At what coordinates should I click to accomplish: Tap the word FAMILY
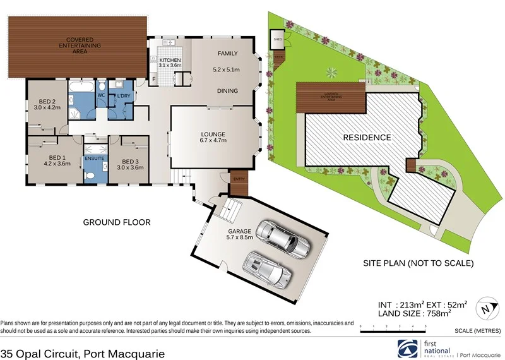tap(228, 54)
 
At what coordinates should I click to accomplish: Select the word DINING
tap(227, 91)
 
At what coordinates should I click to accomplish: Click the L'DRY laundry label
tap(123, 96)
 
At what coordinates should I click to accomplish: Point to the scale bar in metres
tap(393, 327)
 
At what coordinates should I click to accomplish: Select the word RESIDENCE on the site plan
tap(367, 137)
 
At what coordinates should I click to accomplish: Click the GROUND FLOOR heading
tap(117, 222)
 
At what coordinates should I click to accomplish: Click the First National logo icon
tap(408, 348)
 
